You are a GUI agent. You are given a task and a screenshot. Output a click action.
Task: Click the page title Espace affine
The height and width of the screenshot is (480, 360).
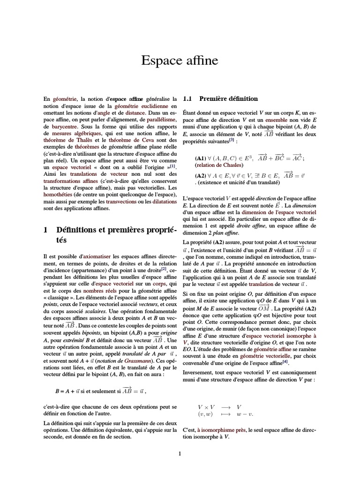pos(180,61)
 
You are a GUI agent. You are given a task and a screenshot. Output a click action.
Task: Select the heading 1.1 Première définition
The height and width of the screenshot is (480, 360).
pos(220,99)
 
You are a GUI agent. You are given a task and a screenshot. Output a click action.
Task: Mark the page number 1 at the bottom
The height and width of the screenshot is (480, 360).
pos(180,453)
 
